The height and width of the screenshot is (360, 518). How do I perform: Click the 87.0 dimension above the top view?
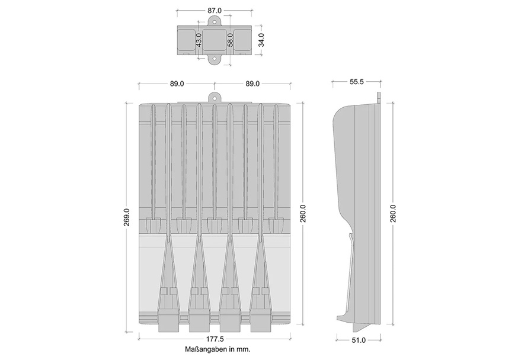click(215, 11)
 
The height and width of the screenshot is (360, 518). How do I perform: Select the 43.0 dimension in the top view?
click(199, 40)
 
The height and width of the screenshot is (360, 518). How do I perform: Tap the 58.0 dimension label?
click(231, 40)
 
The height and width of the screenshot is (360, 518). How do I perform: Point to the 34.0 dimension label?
click(261, 40)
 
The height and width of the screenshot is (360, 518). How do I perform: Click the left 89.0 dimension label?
click(177, 84)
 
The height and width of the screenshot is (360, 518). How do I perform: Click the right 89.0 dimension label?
click(252, 84)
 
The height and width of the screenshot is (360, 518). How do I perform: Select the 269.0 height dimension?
click(126, 217)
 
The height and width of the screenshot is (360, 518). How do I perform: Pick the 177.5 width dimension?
click(215, 339)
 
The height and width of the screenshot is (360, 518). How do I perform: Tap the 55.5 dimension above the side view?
click(356, 82)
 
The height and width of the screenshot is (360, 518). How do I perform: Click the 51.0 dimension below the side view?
click(359, 340)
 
